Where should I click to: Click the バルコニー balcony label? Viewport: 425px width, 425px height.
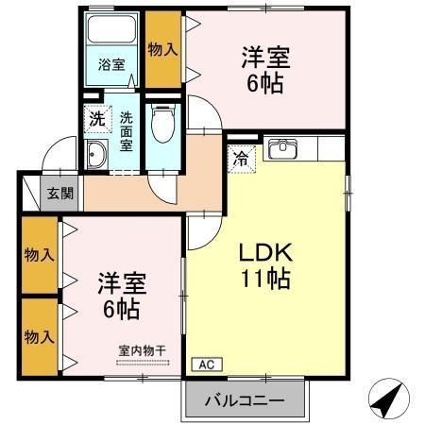click(246, 401)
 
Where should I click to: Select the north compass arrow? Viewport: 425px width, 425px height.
click(389, 400)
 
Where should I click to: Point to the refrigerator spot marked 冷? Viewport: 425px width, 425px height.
click(242, 158)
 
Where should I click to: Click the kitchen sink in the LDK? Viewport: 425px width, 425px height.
click(283, 148)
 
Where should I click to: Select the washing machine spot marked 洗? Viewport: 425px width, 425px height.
click(97, 120)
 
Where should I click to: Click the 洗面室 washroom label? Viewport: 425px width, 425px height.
click(127, 132)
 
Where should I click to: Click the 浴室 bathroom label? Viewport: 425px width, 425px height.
click(112, 64)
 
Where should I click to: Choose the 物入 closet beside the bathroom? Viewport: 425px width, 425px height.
click(162, 49)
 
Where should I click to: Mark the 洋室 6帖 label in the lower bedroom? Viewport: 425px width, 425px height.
click(122, 294)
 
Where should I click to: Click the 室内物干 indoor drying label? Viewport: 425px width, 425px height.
click(142, 350)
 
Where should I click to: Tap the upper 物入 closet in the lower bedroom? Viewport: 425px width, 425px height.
click(39, 256)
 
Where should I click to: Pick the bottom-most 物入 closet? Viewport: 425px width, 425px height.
click(39, 335)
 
